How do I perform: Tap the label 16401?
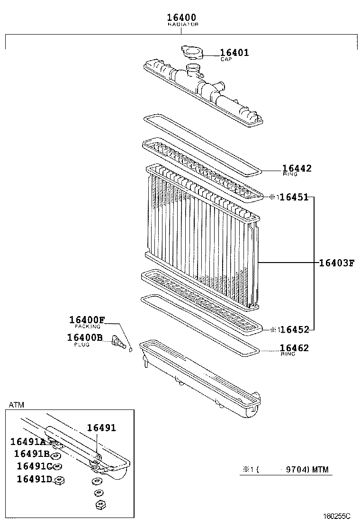[x=234, y=53]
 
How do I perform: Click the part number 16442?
[x=297, y=168]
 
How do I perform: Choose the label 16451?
[x=294, y=197]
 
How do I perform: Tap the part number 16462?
[x=294, y=348]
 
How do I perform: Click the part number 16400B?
[x=85, y=337]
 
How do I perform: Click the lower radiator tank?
[x=199, y=379]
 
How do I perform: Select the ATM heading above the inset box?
[x=16, y=405]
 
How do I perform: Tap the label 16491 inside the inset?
[x=101, y=427]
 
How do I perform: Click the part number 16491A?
[x=28, y=442]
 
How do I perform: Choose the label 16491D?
[x=34, y=479]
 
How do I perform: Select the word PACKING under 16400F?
[x=88, y=327]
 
